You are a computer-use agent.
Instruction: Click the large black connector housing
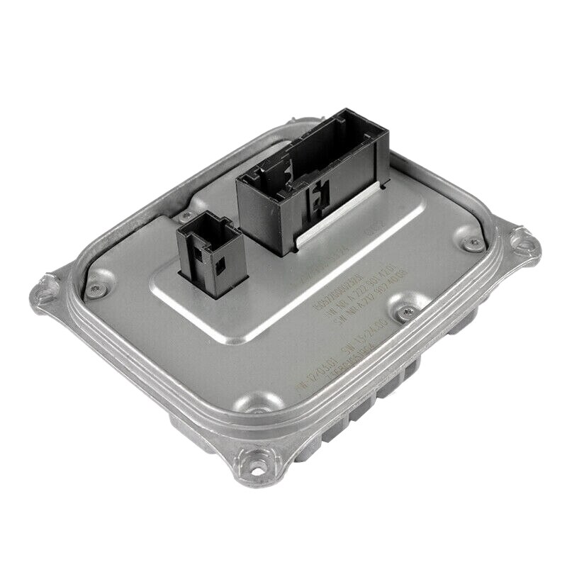(x=312, y=177)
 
